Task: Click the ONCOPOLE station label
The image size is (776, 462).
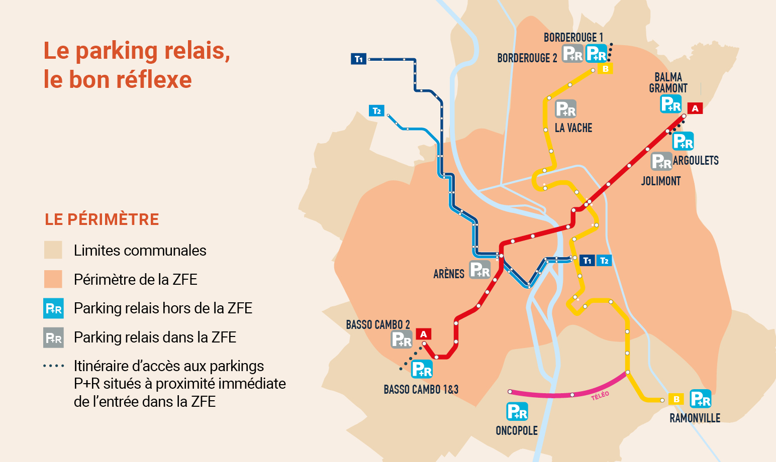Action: [x=517, y=431]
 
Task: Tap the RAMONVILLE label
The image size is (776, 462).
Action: [x=695, y=418]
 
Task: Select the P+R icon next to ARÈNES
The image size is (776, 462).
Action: [x=480, y=270]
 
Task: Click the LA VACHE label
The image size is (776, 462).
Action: [x=573, y=128]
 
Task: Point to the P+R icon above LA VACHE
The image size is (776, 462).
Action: [x=566, y=109]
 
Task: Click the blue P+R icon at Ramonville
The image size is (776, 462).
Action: [x=701, y=399]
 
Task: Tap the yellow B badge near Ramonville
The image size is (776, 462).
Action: [x=676, y=400]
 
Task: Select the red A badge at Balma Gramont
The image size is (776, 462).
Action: [x=695, y=108]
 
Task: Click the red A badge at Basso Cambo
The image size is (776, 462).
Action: [x=424, y=334]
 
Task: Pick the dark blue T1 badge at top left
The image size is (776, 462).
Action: [x=358, y=59]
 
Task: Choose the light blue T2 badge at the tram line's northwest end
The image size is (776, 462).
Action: [x=376, y=110]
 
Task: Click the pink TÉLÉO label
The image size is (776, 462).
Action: [x=600, y=395]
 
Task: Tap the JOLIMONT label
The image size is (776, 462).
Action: [x=661, y=181]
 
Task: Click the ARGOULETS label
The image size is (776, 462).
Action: [x=696, y=161]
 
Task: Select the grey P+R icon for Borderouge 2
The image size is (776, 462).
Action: [x=572, y=53]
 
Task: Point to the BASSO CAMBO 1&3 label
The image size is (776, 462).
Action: [x=421, y=390]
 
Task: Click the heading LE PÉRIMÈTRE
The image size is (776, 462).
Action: [x=102, y=219]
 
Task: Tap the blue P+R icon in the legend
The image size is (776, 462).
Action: [x=53, y=308]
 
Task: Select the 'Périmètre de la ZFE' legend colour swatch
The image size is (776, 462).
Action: [x=53, y=279]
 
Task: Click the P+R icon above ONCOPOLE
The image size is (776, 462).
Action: [x=517, y=411]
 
